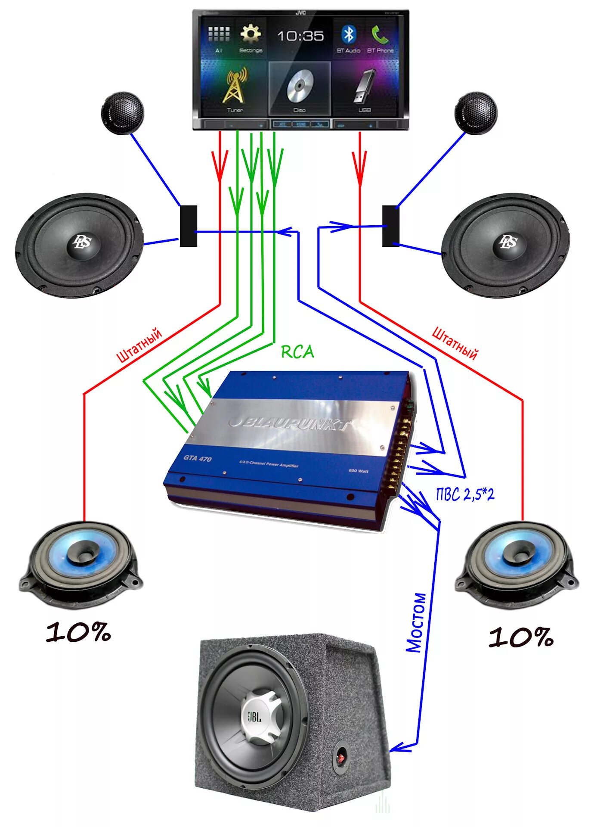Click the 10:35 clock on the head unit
[x=300, y=36]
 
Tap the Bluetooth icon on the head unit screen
[x=348, y=34]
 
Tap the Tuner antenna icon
[x=235, y=86]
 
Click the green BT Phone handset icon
[x=380, y=34]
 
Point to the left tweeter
[x=122, y=112]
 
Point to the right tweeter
[x=476, y=112]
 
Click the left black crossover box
[x=188, y=226]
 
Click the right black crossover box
[x=390, y=226]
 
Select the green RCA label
[x=297, y=352]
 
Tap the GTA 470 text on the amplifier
[x=198, y=458]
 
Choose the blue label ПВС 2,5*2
[x=465, y=494]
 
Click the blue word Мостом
[x=416, y=622]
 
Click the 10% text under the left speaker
[x=78, y=632]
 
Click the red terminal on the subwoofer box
[x=341, y=756]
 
